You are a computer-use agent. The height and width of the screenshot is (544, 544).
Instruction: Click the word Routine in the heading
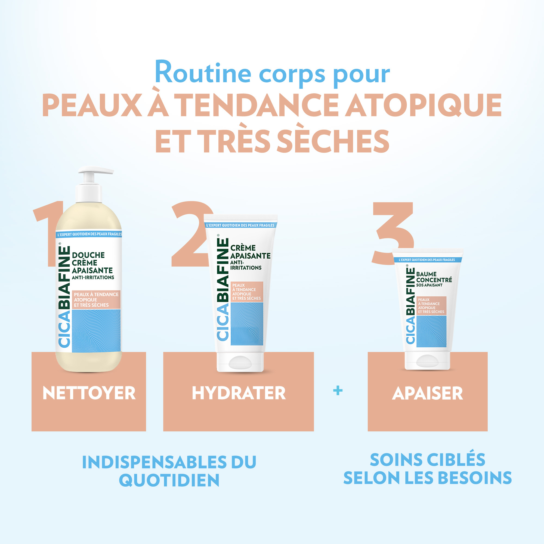pyautogui.click(x=203, y=72)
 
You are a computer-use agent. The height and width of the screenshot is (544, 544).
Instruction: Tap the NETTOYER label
pyautogui.click(x=89, y=393)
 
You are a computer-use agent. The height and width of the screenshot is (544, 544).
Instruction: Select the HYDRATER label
pyautogui.click(x=239, y=393)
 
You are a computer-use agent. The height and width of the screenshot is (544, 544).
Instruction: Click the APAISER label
pyautogui.click(x=427, y=393)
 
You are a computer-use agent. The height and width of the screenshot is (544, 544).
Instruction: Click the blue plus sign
pyautogui.click(x=338, y=391)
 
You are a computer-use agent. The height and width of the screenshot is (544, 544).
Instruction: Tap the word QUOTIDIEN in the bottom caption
pyautogui.click(x=169, y=480)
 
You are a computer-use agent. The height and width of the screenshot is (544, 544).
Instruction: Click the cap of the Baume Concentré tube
pyautogui.click(x=427, y=360)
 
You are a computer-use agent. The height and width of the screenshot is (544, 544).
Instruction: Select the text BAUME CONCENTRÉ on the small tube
pyautogui.click(x=434, y=277)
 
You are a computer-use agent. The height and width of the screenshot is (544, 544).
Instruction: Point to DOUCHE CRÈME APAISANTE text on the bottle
pyautogui.click(x=92, y=263)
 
